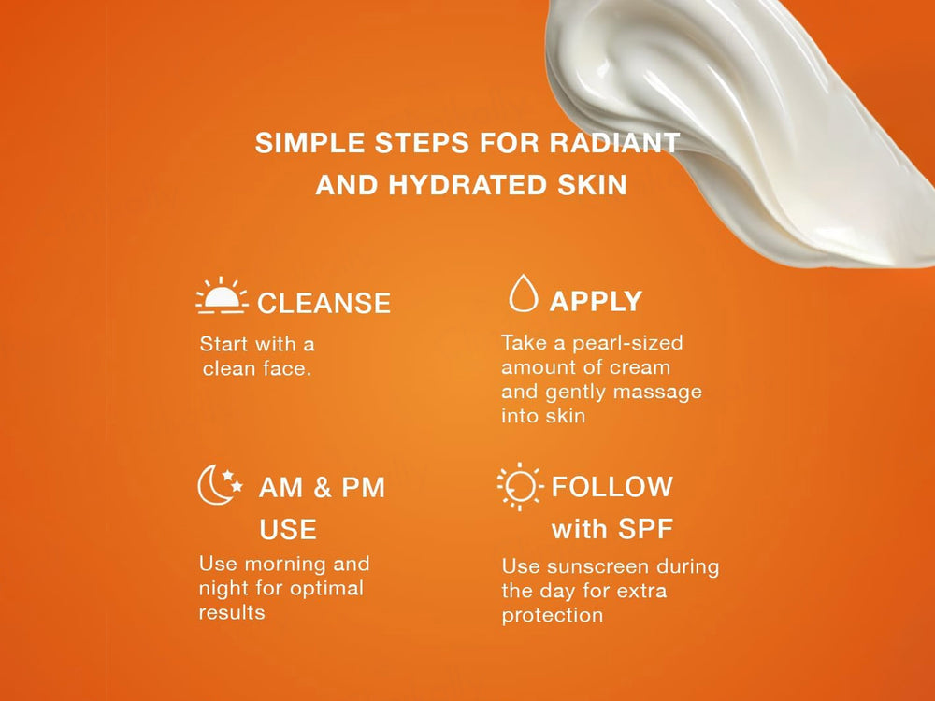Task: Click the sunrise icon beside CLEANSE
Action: pyautogui.click(x=222, y=296)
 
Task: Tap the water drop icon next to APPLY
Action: pyautogui.click(x=523, y=293)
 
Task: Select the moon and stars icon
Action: pyautogui.click(x=220, y=486)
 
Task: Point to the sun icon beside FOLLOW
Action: pyautogui.click(x=519, y=487)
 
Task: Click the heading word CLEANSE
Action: pyautogui.click(x=324, y=303)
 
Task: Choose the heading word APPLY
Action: pyautogui.click(x=596, y=301)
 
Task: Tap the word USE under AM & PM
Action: pyautogui.click(x=287, y=530)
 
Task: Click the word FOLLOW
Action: pyautogui.click(x=611, y=487)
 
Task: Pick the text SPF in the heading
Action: pyautogui.click(x=643, y=530)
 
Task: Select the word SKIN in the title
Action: pyautogui.click(x=593, y=185)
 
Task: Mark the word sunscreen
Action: pyautogui.click(x=579, y=566)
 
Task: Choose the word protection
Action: pyautogui.click(x=552, y=615)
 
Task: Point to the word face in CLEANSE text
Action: pyautogui.click(x=286, y=369)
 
